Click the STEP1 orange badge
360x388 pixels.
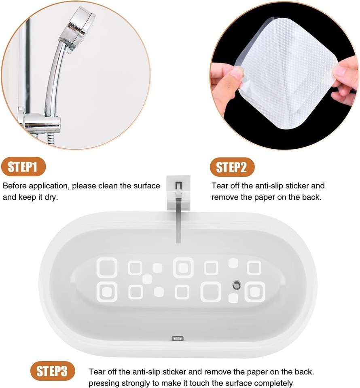(x=23, y=166)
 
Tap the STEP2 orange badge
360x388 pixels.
(x=232, y=167)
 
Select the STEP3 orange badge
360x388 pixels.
(x=52, y=371)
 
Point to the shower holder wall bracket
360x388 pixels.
(x=40, y=121)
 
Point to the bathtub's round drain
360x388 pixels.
(x=237, y=285)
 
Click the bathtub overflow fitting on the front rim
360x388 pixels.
(x=178, y=338)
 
